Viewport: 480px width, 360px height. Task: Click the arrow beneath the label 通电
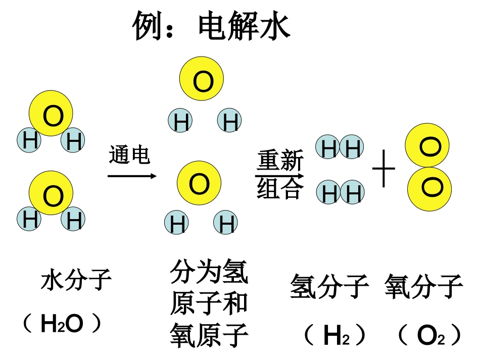132,176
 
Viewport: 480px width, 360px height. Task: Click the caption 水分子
76,280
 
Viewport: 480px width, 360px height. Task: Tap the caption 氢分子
329,287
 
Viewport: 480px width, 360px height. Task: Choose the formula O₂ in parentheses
430,334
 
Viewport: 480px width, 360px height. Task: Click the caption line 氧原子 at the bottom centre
209,334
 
